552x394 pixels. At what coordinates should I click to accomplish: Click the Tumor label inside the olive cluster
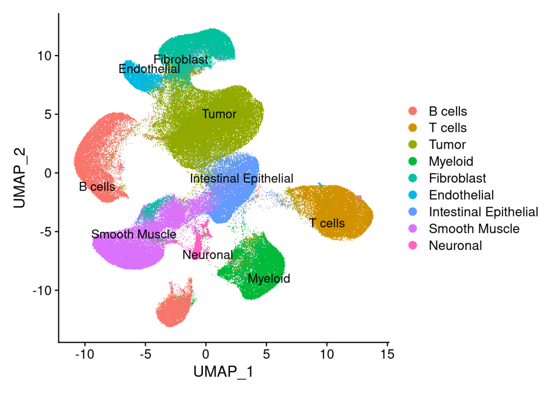click(219, 114)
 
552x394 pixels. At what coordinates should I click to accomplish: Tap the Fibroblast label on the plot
click(181, 60)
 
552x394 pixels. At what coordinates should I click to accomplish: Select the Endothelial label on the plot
click(149, 68)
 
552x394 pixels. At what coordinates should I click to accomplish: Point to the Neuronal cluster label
click(208, 254)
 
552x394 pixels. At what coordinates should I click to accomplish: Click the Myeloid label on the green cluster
click(269, 279)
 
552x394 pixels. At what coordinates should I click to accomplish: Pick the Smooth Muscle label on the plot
click(134, 235)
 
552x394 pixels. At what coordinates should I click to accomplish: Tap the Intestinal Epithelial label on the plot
click(242, 179)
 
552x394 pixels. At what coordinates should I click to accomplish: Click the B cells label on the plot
click(97, 187)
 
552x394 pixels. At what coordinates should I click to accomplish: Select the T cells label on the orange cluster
click(327, 223)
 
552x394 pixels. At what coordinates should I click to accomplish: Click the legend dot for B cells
click(413, 111)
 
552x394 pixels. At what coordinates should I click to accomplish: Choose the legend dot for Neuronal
click(413, 245)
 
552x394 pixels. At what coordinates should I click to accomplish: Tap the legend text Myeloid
click(451, 161)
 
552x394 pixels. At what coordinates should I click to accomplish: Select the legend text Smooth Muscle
click(474, 228)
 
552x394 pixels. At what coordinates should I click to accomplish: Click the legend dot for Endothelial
click(413, 195)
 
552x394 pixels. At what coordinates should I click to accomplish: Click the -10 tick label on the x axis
click(85, 354)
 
